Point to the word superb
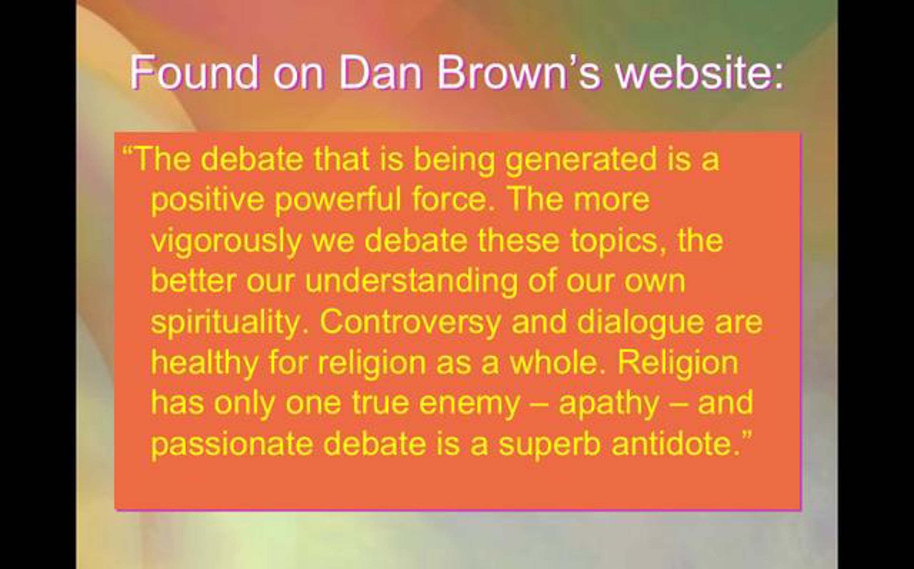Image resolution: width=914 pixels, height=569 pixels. (x=550, y=445)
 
